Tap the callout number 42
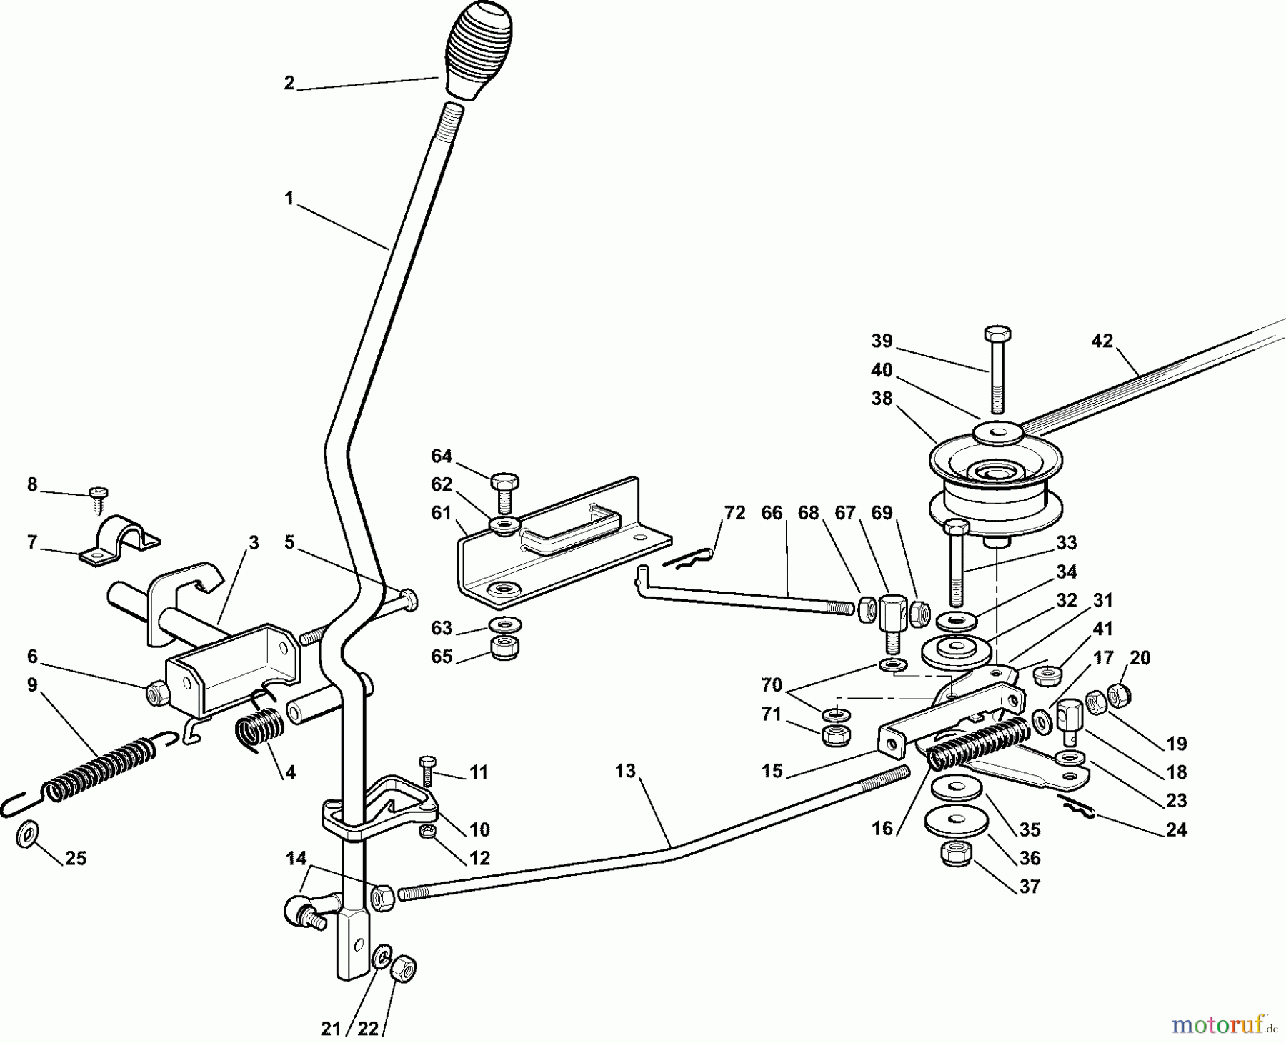click(x=1102, y=341)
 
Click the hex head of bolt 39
click(x=997, y=334)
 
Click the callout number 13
click(x=624, y=771)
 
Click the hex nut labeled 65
click(x=505, y=647)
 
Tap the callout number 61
click(x=441, y=513)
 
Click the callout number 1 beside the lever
click(x=289, y=199)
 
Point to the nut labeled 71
click(x=834, y=734)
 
